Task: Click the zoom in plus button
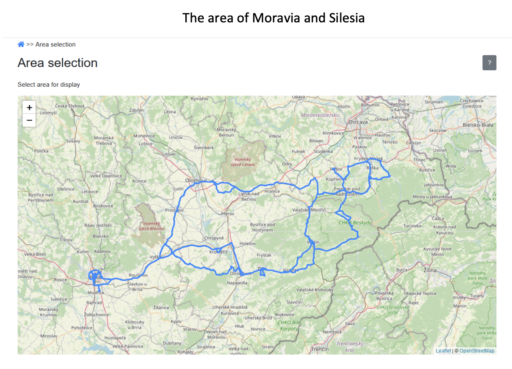tap(29, 107)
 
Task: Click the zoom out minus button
tap(29, 120)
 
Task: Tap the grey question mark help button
tap(489, 63)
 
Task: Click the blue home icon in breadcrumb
tap(21, 44)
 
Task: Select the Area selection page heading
tap(58, 63)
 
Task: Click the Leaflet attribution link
tap(443, 351)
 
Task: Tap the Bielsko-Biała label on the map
tap(478, 125)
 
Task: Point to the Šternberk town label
tap(204, 147)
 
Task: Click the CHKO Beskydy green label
tap(355, 222)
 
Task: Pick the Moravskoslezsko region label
tap(320, 115)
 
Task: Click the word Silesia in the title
tap(345, 18)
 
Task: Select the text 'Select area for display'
tap(49, 85)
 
